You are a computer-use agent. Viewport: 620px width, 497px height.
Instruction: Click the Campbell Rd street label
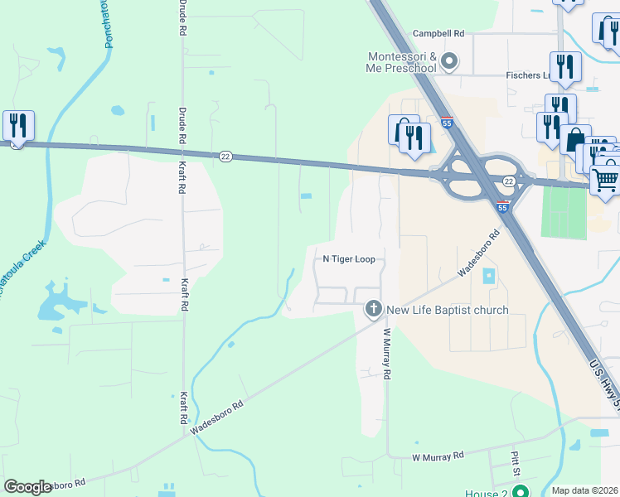439,33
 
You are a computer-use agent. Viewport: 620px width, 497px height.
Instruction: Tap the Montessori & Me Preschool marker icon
449,61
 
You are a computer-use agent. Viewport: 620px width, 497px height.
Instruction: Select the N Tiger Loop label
349,259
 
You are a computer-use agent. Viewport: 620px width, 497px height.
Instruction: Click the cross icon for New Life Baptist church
373,310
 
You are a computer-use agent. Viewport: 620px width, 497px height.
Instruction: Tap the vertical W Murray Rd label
386,353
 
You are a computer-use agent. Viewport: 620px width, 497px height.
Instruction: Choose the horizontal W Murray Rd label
438,456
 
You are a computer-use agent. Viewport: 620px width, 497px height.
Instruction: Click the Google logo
28,487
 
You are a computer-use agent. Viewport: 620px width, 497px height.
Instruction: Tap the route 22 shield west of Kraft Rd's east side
225,156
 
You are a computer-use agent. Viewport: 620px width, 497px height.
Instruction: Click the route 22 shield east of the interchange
509,181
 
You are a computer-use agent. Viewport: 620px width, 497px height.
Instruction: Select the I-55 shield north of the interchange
447,123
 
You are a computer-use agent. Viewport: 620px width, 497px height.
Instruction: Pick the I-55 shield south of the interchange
502,208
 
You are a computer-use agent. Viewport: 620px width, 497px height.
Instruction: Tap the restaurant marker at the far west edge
18,126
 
